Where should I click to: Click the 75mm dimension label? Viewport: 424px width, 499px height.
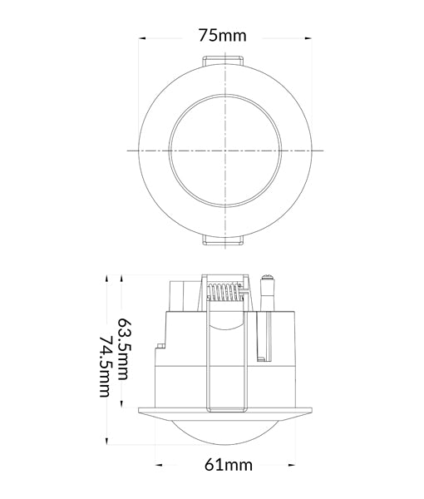coord(223,37)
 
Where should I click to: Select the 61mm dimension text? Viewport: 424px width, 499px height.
coord(227,464)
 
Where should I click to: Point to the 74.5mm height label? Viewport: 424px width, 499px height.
coord(105,366)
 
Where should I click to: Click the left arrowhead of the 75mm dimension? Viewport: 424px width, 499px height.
coord(143,37)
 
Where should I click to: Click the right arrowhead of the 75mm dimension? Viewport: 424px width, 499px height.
coord(308,37)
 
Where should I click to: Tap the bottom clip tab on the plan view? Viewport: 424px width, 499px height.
coord(223,240)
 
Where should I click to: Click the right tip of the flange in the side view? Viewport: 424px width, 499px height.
coord(317,409)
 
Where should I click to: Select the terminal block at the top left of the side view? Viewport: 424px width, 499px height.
coord(182,294)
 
